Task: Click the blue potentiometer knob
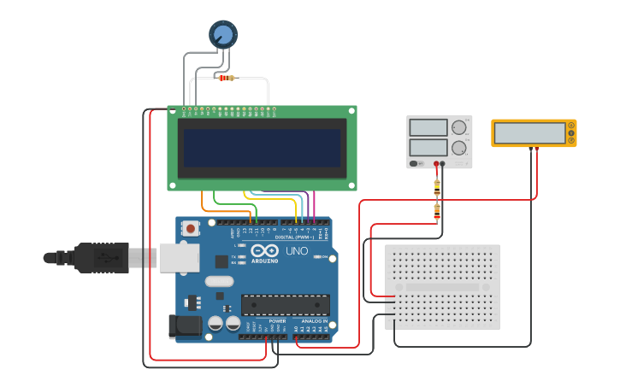tap(222, 34)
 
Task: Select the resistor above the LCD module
tap(226, 78)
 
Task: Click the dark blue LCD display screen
tap(262, 148)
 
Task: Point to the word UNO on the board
tap(296, 251)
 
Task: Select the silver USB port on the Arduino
tap(179, 256)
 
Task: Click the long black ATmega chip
tap(285, 305)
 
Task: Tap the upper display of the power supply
tap(428, 128)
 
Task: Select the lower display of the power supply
tap(428, 148)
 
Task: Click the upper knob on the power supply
tap(459, 127)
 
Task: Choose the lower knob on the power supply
tap(459, 148)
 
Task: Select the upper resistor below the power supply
tap(437, 184)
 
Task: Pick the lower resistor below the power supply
tap(437, 210)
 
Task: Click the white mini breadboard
tap(442, 286)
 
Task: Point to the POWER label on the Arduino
tap(277, 321)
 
